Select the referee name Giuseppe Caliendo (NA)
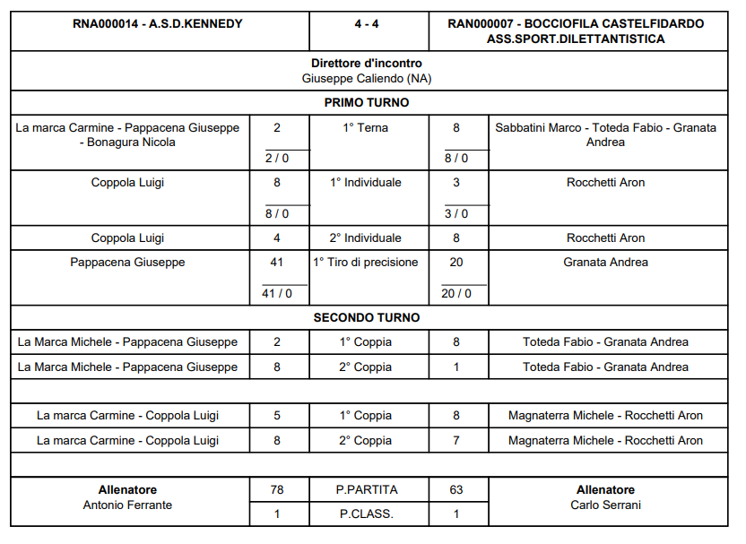[x=367, y=78]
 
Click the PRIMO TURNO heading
[x=367, y=102]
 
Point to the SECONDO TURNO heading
[x=367, y=317]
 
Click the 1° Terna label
[x=366, y=128]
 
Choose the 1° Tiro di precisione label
[x=366, y=263]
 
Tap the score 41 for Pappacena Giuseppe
[x=277, y=263]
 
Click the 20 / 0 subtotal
[x=456, y=293]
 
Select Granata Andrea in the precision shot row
[x=605, y=263]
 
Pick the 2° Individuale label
[x=366, y=238]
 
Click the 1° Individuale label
[x=366, y=183]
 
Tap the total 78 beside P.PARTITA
[x=277, y=490]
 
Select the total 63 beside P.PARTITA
[x=456, y=490]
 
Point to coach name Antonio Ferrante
[x=127, y=505]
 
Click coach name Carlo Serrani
[x=605, y=505]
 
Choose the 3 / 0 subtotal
[x=456, y=213]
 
